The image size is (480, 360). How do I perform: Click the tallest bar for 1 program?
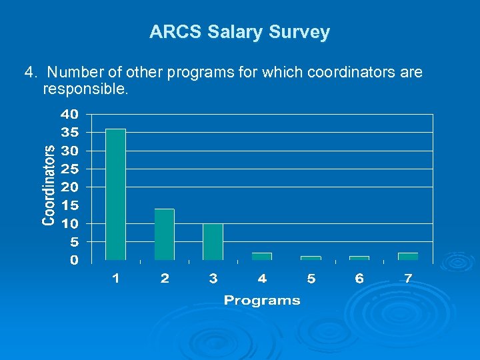115,194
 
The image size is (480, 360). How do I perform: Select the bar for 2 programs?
164,234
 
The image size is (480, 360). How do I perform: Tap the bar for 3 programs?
213,241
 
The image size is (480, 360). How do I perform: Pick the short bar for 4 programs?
262,256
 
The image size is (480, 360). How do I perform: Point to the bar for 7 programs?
408,256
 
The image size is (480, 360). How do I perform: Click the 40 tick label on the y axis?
70,113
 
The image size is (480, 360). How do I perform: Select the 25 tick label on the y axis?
70,168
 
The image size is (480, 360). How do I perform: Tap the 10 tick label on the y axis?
70,223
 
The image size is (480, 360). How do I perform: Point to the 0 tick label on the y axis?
75,259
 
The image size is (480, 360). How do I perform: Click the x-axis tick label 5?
311,279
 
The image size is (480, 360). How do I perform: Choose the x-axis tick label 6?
359,279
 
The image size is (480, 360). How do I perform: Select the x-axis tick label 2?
165,279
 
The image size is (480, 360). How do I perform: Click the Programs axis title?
262,301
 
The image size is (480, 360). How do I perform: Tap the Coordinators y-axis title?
49,185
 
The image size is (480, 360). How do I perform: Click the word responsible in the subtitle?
84,88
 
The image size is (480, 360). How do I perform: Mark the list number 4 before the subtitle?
29,71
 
